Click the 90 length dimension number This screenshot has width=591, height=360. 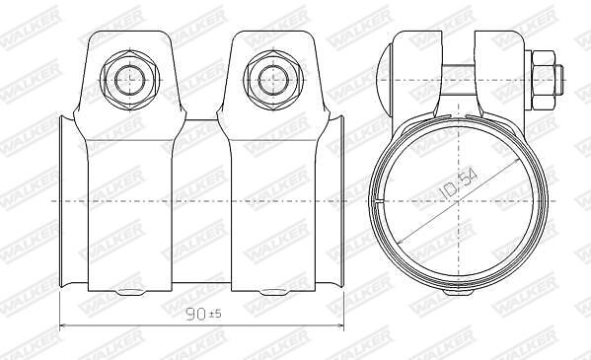196,315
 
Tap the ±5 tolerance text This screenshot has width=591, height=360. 216,314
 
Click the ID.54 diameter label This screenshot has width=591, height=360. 459,184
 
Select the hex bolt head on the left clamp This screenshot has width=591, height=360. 129,80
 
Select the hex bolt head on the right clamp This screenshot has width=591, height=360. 273,80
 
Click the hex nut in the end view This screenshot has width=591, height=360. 544,80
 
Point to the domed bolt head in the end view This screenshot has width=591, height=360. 385,80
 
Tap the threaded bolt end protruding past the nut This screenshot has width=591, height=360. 559,80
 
